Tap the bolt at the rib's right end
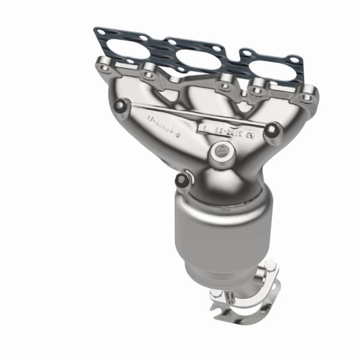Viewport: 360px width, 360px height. [x=273, y=128]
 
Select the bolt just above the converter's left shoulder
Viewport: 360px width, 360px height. [x=181, y=179]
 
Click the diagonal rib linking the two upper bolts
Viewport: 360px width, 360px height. [x=192, y=118]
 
